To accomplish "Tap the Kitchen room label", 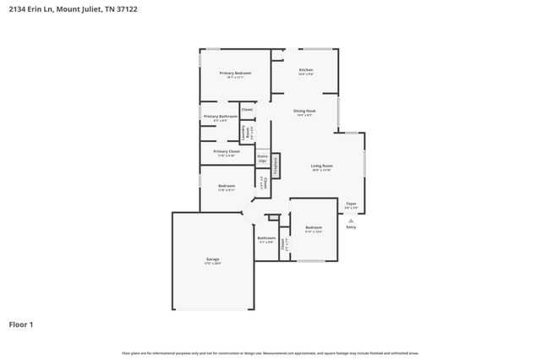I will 305,70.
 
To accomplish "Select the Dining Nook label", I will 305,111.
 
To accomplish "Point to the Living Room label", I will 321,166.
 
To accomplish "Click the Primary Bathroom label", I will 219,117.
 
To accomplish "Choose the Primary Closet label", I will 226,151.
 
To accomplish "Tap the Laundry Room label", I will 243,132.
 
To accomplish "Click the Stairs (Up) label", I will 262,158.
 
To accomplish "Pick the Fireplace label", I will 276,165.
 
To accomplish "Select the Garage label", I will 212,259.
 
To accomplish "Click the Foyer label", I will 352,202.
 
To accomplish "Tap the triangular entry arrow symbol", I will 352,220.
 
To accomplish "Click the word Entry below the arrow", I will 352,226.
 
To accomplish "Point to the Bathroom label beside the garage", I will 266,238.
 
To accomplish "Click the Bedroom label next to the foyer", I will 314,227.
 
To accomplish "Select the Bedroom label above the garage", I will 227,185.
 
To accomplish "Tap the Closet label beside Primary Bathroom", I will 247,110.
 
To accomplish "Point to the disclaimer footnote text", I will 270,352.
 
